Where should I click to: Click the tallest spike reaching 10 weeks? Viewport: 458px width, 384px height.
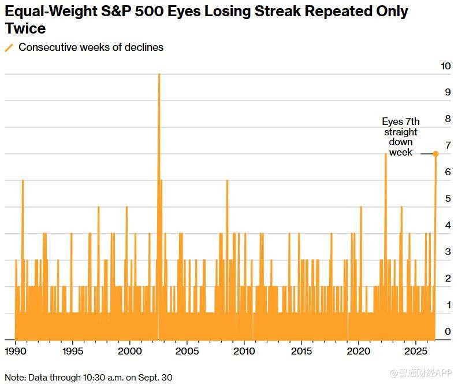point(159,205)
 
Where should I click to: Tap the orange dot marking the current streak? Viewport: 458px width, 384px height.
point(435,154)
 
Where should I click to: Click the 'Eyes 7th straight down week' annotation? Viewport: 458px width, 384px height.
point(400,137)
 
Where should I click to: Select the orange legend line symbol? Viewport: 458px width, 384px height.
point(9,48)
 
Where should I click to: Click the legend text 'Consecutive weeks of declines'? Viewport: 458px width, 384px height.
point(91,47)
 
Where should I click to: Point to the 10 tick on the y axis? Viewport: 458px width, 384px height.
point(446,66)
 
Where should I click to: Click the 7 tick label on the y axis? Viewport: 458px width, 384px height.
point(448,145)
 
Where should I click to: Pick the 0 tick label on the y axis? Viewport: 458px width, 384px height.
point(448,331)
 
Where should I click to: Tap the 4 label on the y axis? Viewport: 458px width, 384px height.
point(448,225)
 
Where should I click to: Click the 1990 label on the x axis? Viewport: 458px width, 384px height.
point(16,351)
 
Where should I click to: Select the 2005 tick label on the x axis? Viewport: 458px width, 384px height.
point(187,351)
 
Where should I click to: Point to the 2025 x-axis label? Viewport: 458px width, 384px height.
point(416,351)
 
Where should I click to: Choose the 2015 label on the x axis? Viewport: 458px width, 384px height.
point(301,351)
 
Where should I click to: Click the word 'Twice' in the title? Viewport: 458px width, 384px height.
point(25,28)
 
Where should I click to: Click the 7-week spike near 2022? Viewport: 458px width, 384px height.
point(386,246)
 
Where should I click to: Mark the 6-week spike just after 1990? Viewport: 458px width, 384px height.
point(23,260)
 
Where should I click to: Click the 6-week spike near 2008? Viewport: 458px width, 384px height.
point(227,260)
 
